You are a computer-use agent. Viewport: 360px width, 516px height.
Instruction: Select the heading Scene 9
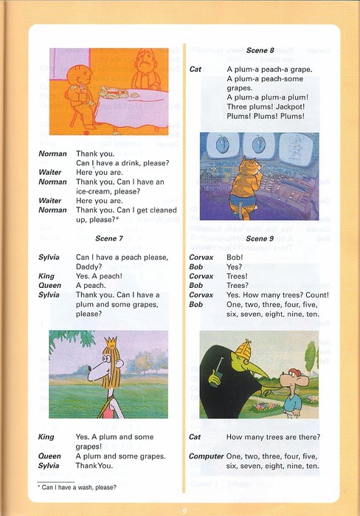260,238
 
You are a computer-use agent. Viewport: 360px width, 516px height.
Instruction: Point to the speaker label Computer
206,456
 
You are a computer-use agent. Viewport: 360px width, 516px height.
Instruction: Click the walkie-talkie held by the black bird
216,377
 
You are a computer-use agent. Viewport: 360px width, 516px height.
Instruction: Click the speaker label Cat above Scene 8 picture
195,69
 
